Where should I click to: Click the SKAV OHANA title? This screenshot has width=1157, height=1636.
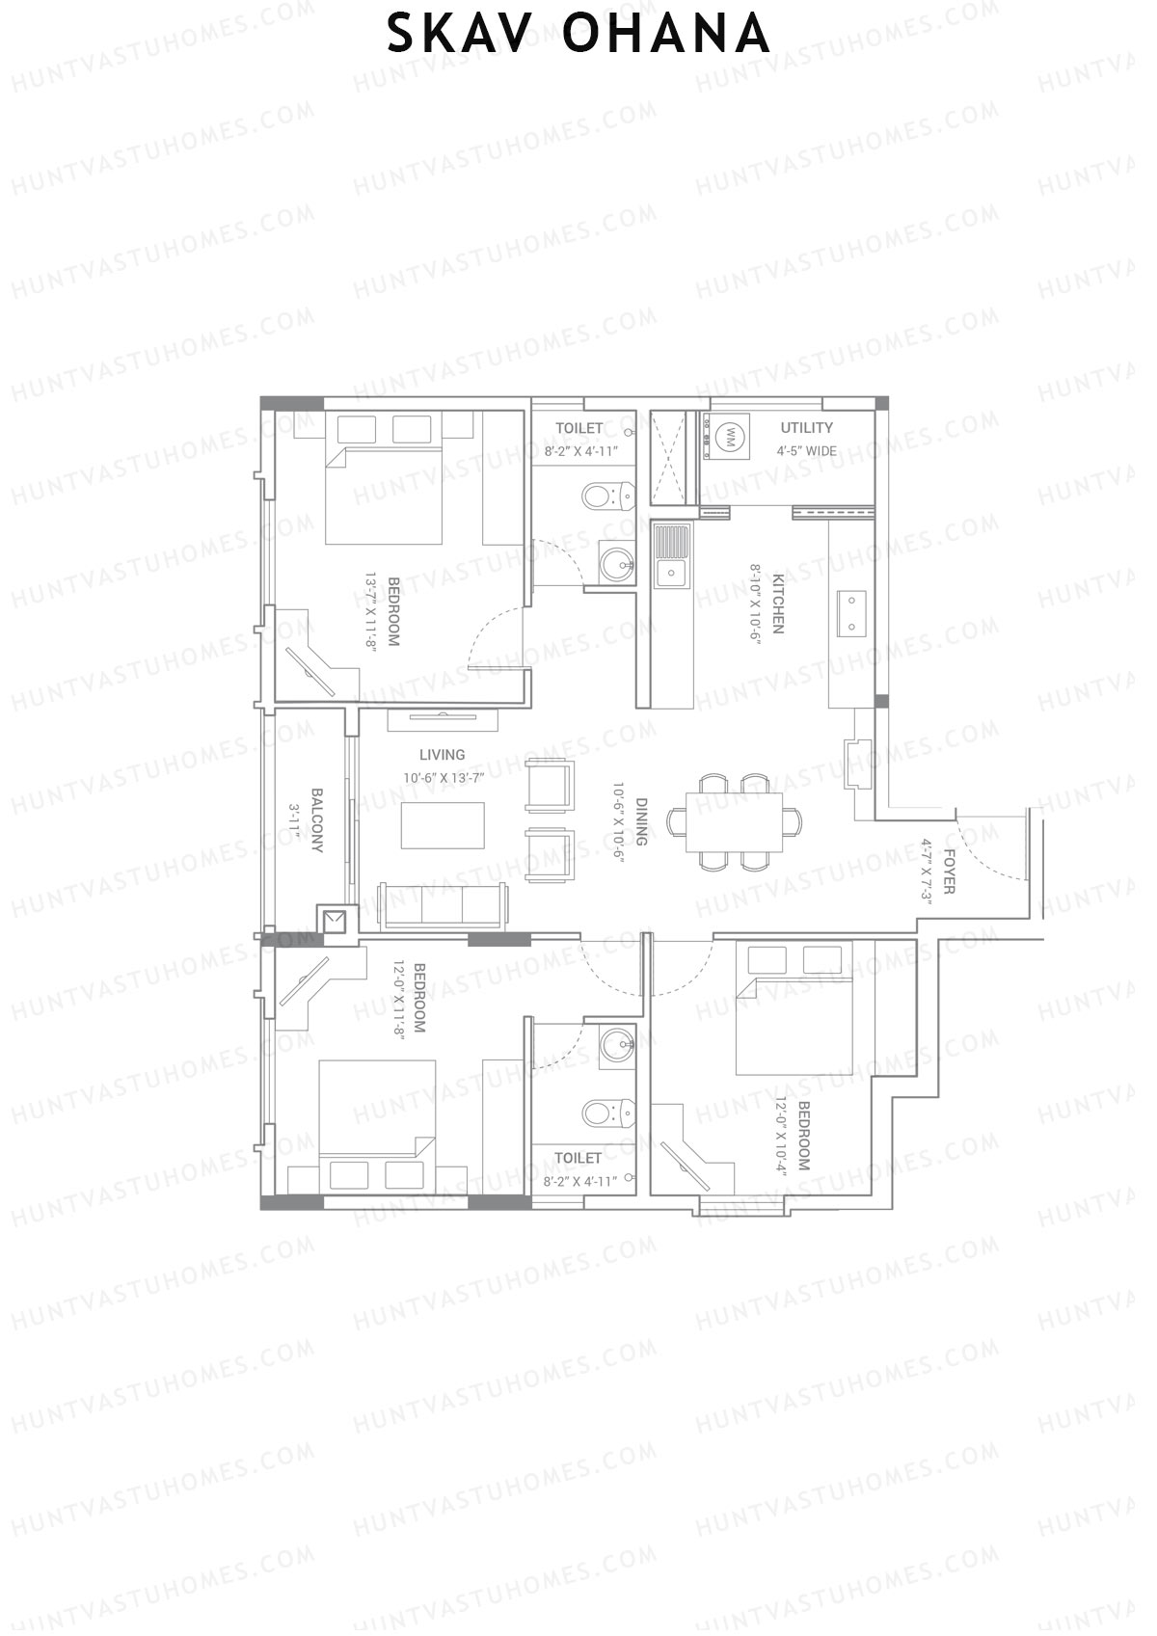(578, 35)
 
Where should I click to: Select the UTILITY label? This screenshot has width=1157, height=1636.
(806, 427)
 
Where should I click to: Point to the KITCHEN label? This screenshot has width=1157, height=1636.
(777, 603)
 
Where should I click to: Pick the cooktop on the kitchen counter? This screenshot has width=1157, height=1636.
(853, 613)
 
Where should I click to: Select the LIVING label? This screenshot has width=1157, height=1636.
(443, 755)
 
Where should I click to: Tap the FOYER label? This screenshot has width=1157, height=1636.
(949, 872)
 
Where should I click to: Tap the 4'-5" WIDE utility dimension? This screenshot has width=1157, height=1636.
(806, 451)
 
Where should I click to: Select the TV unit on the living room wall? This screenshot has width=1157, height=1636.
(444, 719)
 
